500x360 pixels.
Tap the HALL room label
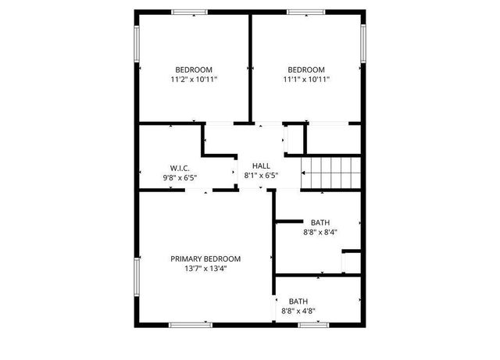coord(260,166)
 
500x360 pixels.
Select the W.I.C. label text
coord(180,168)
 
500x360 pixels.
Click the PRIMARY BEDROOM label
coord(205,259)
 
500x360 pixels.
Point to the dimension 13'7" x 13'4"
coord(205,269)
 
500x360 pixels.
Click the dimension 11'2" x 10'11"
coord(194,79)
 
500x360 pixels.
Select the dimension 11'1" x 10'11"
coord(306,79)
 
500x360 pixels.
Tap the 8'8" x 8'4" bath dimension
coord(320,232)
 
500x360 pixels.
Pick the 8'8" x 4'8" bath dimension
coord(298,311)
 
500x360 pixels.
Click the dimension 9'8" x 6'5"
coord(180,177)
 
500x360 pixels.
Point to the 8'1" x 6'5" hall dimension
coord(260,176)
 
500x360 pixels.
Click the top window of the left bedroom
coord(190,12)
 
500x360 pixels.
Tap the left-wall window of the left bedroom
coord(137,46)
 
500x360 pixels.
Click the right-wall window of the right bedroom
coord(362,42)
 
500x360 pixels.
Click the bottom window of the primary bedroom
coord(190,324)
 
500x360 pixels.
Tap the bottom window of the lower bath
coord(313,324)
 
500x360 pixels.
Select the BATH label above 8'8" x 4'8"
coord(298,301)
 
